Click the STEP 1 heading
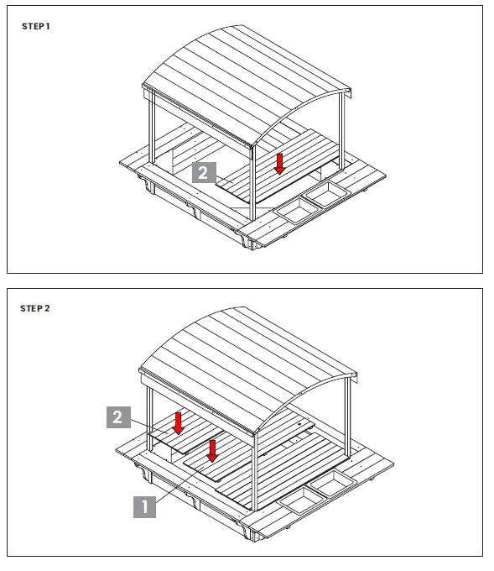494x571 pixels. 35,27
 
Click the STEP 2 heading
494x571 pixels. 35,308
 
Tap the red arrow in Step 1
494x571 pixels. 279,163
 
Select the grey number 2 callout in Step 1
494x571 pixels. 205,173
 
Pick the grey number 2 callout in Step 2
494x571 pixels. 118,417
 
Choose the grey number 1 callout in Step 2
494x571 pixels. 144,507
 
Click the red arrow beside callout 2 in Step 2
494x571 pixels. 178,422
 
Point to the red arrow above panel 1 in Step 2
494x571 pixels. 212,450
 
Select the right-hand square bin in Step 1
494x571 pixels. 326,196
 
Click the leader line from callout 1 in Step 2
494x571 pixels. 176,484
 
